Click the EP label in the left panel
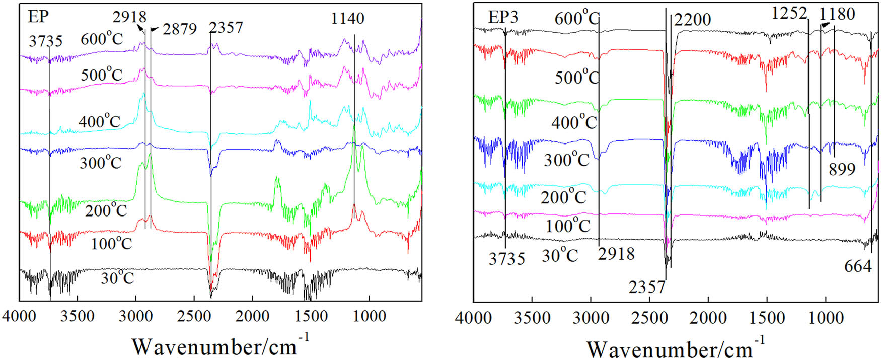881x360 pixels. coord(38,17)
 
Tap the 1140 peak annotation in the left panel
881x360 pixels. coord(347,19)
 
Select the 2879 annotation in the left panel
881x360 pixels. coord(180,29)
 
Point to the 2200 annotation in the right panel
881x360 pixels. coord(692,20)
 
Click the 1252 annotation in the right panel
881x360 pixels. coord(789,14)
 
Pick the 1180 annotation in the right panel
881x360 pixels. coord(837,14)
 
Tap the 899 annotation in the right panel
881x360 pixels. coord(842,169)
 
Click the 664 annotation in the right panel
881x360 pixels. coord(858,266)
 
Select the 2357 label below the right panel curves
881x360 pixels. coord(647,287)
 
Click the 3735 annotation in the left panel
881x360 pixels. coord(45,41)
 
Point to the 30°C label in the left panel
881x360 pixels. coord(117,278)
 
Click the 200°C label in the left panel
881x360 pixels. coord(106,210)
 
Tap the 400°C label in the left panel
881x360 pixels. coord(99,122)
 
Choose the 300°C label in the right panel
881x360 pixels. coord(566,160)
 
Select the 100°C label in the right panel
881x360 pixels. coord(568,226)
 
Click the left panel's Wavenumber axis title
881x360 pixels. coord(221,346)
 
